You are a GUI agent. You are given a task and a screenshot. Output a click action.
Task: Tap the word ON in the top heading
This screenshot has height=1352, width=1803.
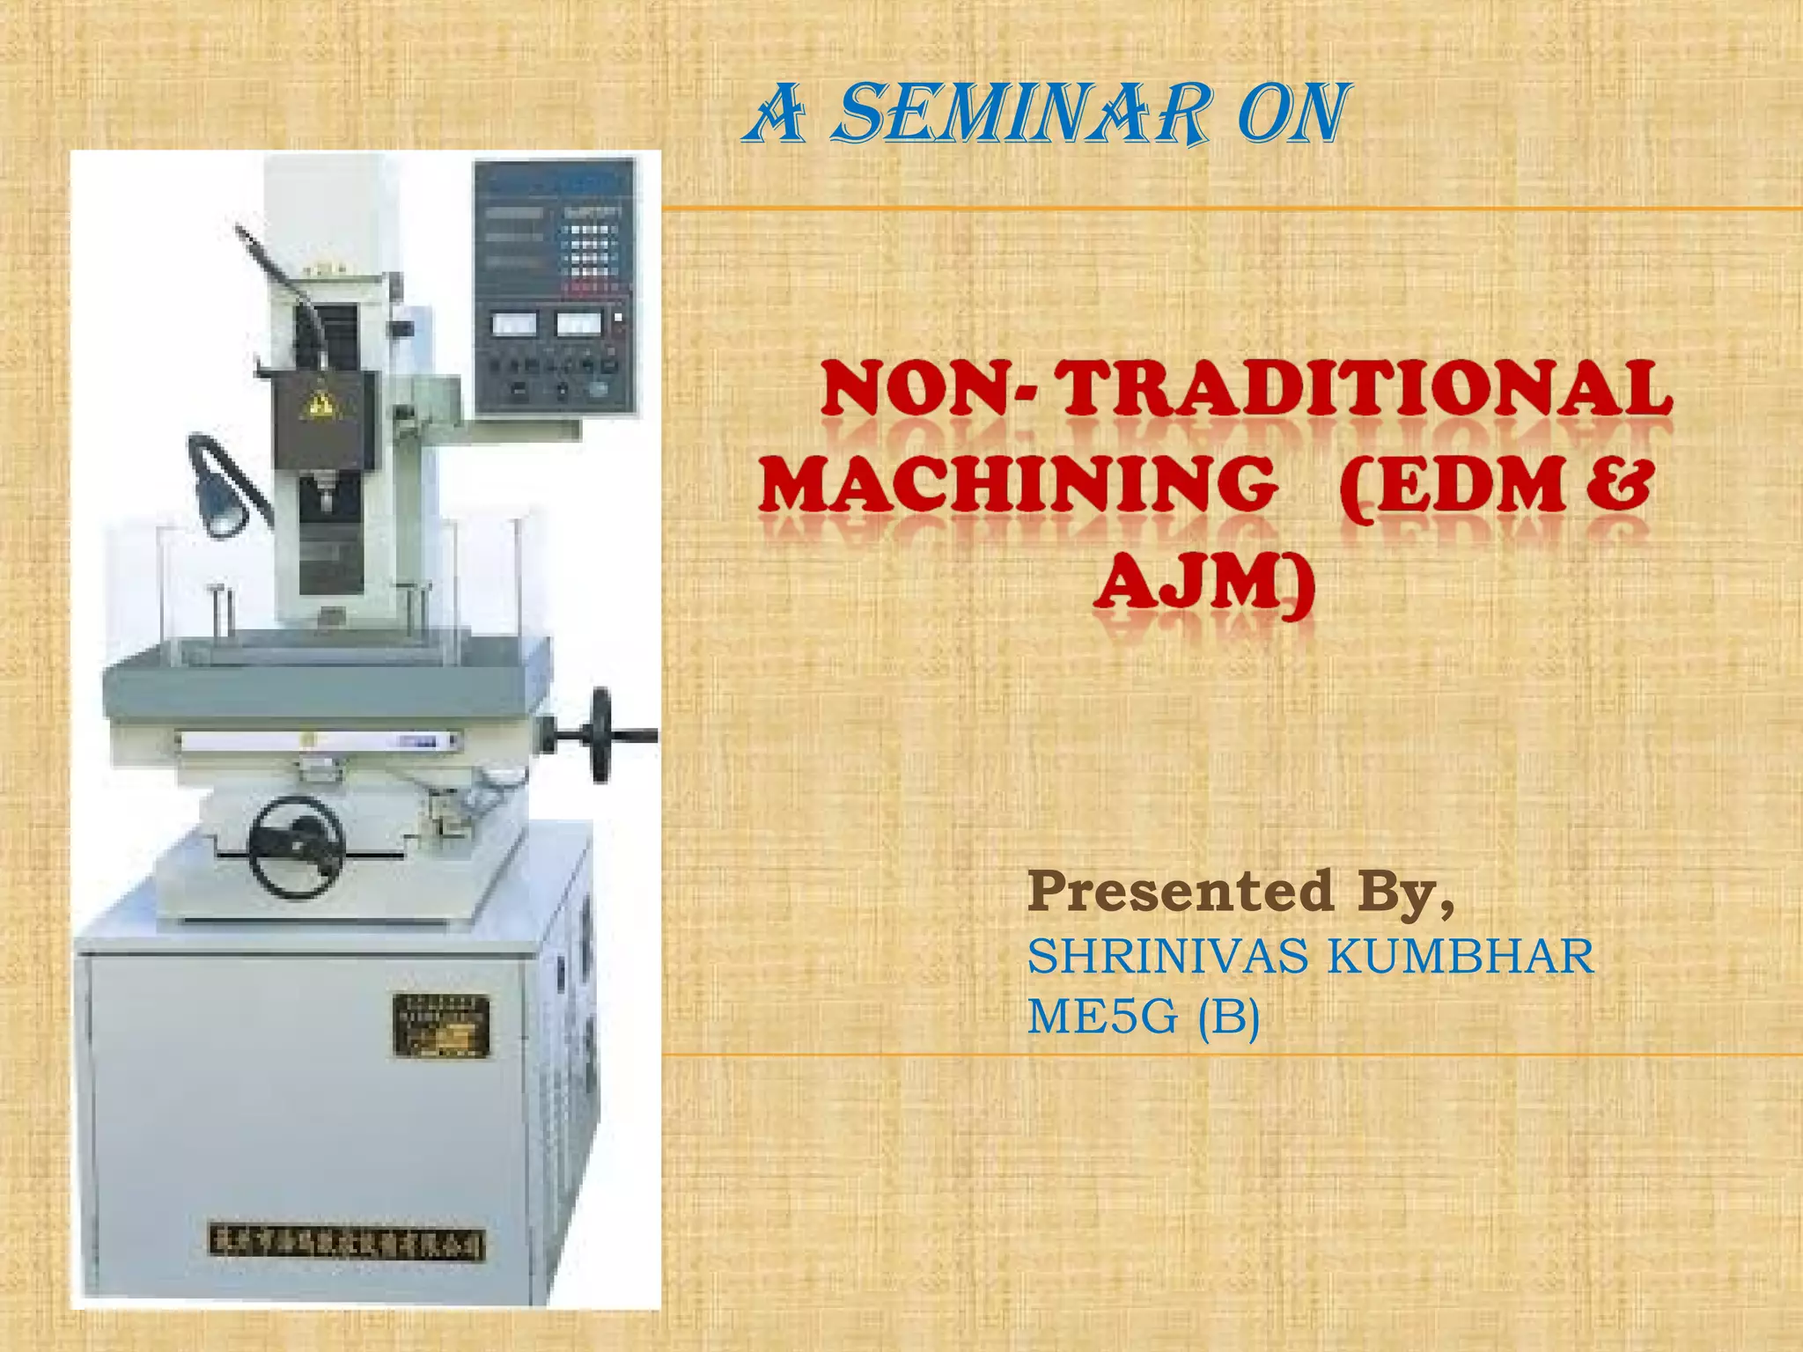[x=1291, y=115]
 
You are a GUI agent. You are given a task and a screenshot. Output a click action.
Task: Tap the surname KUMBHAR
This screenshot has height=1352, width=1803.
[x=1461, y=957]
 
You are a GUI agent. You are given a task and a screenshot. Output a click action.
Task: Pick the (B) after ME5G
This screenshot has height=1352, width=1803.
[x=1229, y=1018]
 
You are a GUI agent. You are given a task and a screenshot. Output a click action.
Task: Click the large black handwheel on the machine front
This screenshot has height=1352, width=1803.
[x=296, y=847]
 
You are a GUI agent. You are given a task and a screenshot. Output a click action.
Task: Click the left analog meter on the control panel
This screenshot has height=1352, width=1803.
[x=514, y=325]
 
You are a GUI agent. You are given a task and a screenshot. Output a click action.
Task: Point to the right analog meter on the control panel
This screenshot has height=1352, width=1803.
[x=578, y=323]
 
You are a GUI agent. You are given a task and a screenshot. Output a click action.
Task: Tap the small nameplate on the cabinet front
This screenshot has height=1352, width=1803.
[x=441, y=1025]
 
